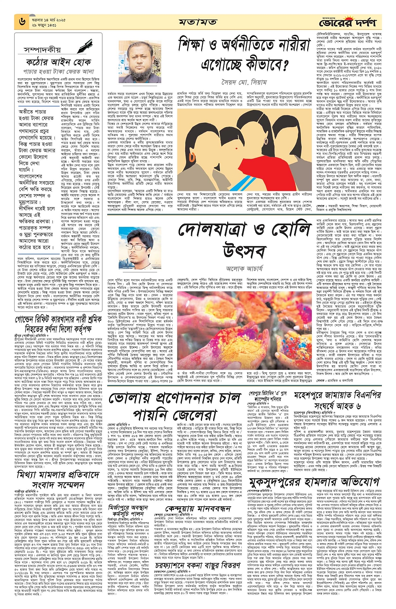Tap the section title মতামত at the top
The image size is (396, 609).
(x=198, y=22)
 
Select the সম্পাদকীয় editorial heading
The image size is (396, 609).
(x=42, y=50)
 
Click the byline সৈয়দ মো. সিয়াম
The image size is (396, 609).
(x=244, y=82)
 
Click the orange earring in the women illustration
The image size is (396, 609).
(x=192, y=158)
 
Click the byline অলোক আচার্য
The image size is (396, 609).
(x=244, y=268)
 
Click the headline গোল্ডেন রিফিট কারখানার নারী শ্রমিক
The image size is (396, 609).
(x=59, y=320)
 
